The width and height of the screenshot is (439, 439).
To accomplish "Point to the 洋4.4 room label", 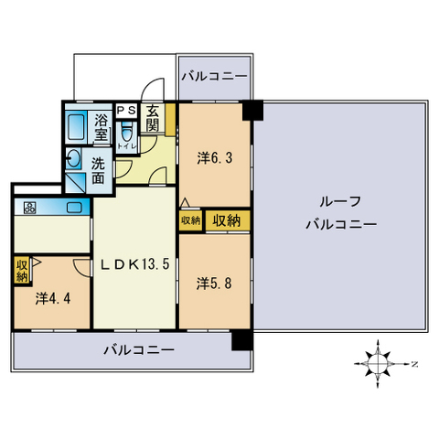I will pos(52,297).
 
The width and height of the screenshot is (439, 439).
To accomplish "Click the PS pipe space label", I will pos(126,107).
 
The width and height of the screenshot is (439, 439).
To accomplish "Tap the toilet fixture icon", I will pos(126,135).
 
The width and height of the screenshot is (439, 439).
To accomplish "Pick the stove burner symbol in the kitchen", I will pos(29,208).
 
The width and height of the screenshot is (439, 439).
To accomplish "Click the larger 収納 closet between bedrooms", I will pos(227,219).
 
